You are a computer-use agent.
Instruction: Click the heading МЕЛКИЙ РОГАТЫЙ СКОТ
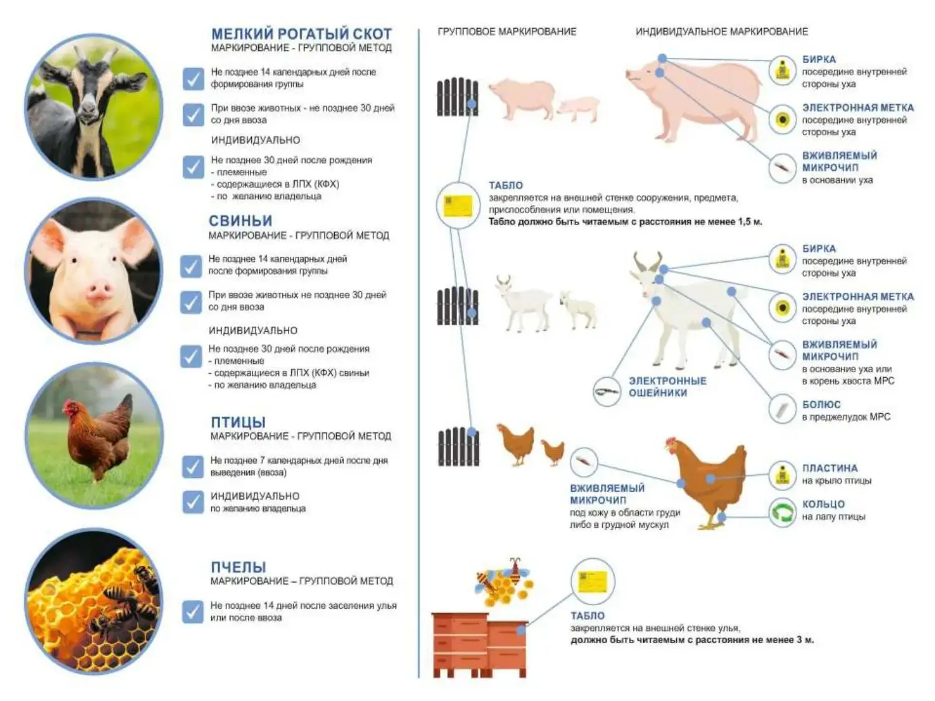click(301, 34)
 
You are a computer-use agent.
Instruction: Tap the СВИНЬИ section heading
click(240, 221)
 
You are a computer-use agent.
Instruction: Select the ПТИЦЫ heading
click(238, 422)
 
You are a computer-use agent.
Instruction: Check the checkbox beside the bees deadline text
click(193, 612)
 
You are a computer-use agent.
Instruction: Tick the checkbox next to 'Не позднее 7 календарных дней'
click(193, 467)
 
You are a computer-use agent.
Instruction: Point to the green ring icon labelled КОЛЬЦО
click(782, 512)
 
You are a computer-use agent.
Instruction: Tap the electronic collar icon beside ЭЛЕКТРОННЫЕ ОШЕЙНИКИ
click(607, 391)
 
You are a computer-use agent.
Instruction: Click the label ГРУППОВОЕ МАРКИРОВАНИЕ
click(507, 32)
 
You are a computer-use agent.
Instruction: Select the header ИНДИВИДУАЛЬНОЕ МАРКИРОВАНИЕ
click(722, 32)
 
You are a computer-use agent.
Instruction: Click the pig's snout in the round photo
click(99, 291)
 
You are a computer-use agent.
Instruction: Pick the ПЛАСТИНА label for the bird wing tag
click(830, 468)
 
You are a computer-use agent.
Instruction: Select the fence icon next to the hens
click(458, 447)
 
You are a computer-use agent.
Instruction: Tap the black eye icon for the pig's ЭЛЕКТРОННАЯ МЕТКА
click(782, 120)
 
